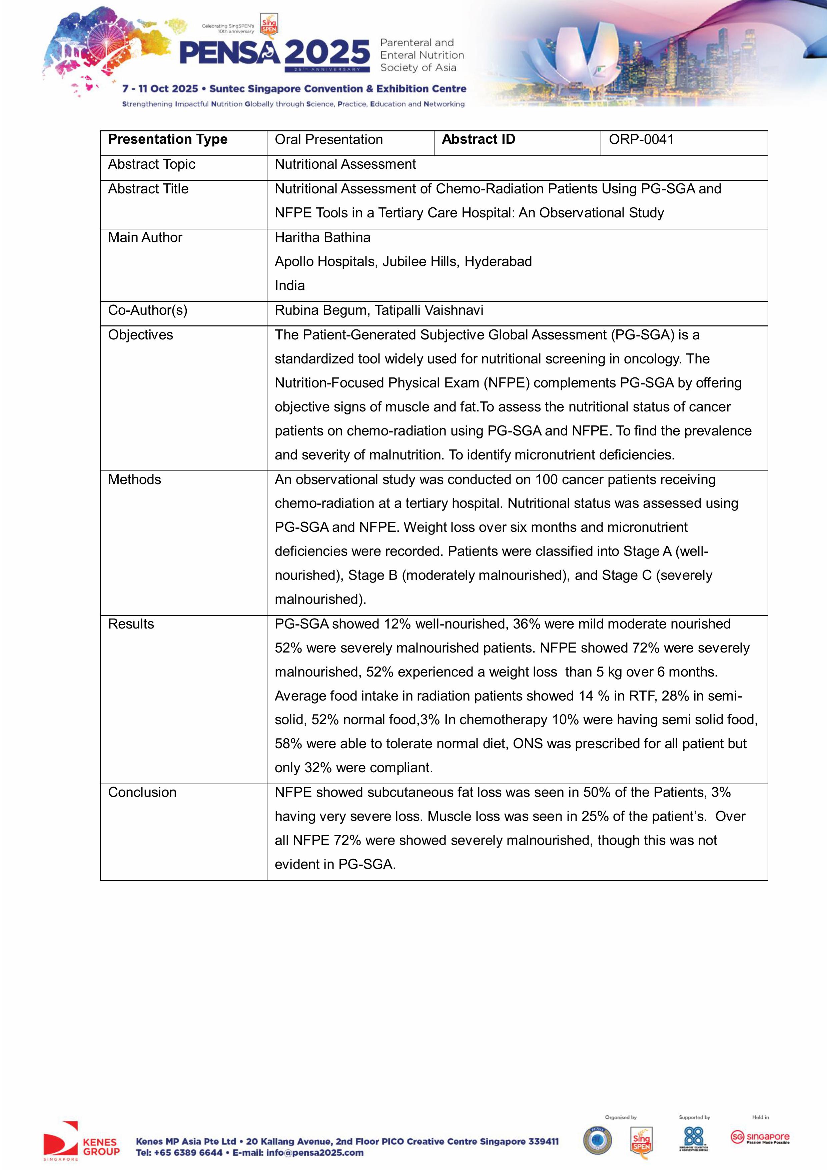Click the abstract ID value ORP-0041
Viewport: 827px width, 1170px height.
click(641, 140)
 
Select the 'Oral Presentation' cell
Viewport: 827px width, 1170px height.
click(329, 140)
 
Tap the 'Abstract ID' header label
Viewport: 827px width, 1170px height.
click(478, 140)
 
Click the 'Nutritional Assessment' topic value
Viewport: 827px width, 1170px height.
click(345, 164)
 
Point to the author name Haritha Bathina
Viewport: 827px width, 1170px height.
click(322, 237)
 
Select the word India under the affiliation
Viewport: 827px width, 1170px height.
click(289, 285)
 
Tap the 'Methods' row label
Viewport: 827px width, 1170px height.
click(134, 479)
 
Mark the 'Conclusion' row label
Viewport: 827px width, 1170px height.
click(142, 793)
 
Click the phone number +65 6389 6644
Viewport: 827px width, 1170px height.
click(188, 1153)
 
